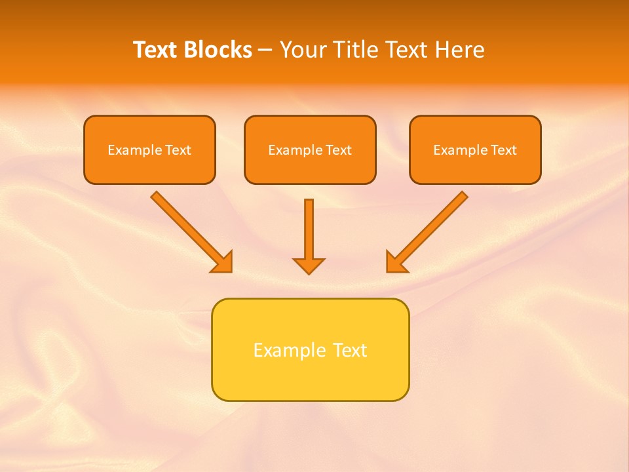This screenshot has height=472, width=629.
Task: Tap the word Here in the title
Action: coord(462,50)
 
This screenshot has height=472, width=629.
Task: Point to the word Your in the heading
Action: coord(302,50)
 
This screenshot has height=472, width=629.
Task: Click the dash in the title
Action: coord(266,50)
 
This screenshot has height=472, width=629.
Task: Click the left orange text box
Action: coord(149,150)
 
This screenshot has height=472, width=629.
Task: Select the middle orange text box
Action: coord(310,150)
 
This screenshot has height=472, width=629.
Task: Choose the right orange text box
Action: coord(475,150)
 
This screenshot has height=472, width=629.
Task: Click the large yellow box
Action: coord(310,349)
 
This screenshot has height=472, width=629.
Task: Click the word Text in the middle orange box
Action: coord(338,150)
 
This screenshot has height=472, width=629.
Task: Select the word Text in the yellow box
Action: coord(350,350)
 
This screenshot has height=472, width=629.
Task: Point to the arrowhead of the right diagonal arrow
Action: coord(395,262)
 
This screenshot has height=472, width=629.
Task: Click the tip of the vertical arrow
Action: coord(309,272)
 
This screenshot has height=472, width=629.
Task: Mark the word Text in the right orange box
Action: coord(504,150)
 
